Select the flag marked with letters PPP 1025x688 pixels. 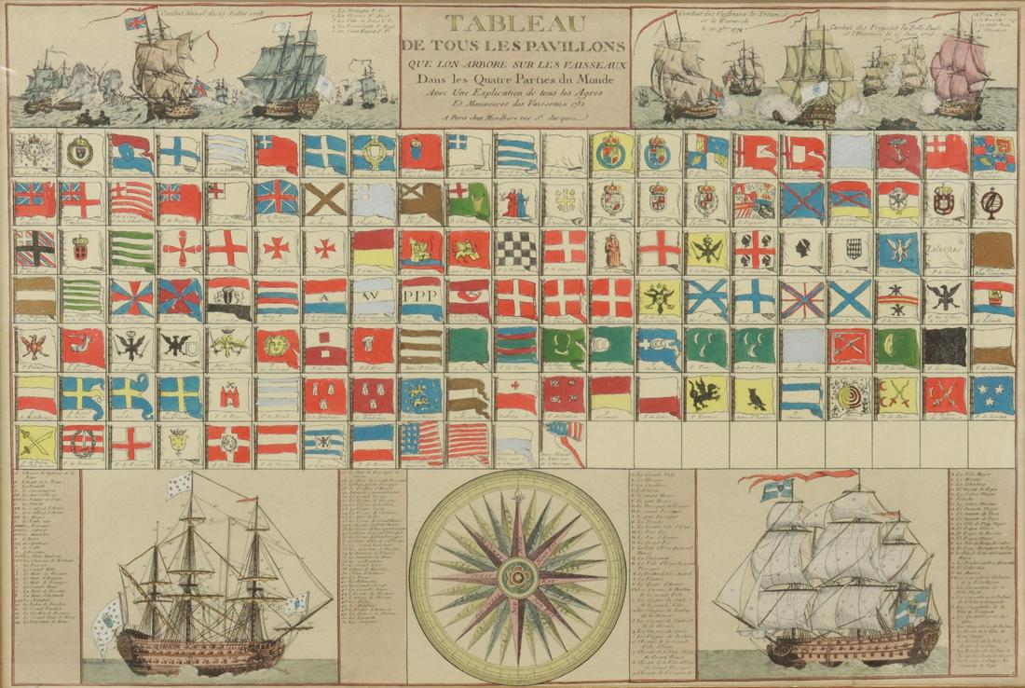click(421, 298)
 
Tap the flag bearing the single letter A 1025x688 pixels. click(325, 298)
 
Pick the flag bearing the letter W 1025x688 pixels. click(373, 298)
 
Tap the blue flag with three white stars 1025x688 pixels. click(993, 395)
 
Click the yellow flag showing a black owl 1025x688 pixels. click(756, 395)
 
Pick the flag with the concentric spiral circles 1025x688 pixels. click(851, 395)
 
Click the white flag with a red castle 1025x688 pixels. click(229, 395)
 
